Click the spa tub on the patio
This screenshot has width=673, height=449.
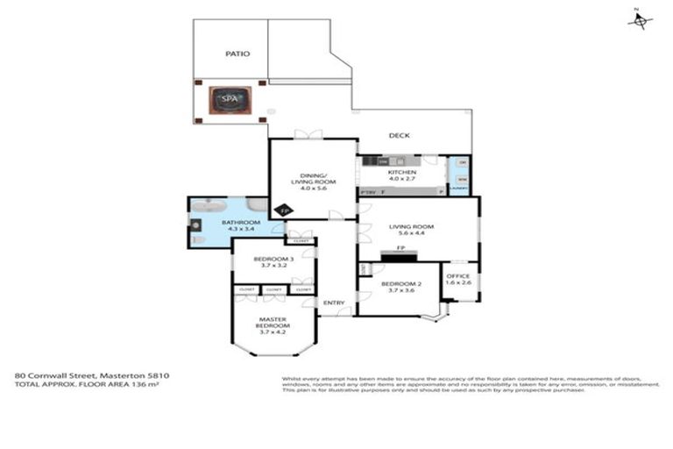[230, 99]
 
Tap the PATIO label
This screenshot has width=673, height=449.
[237, 53]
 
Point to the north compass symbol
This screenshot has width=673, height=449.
[640, 20]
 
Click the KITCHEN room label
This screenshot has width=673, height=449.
[402, 173]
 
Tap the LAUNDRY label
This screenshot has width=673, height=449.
[458, 189]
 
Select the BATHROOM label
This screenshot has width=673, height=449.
[239, 223]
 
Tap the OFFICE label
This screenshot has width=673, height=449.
[458, 276]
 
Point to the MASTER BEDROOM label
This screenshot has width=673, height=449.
[273, 323]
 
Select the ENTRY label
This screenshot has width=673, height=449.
[334, 303]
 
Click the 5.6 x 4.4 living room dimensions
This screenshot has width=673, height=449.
[406, 234]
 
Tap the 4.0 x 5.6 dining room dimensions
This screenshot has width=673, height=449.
[313, 188]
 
